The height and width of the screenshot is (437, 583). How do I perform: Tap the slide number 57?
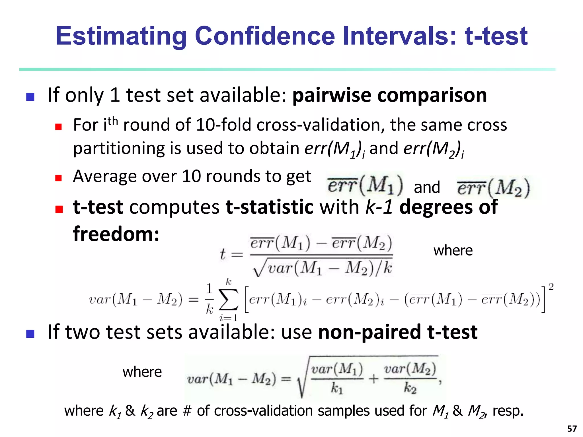(x=572, y=428)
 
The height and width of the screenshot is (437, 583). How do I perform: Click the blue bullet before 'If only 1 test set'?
(x=30, y=97)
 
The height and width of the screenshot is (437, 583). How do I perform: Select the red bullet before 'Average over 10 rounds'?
(x=59, y=178)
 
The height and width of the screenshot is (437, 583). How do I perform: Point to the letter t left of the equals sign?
(x=223, y=254)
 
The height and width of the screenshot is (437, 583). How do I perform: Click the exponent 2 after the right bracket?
(x=551, y=287)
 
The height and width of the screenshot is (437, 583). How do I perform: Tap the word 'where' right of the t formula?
(x=453, y=251)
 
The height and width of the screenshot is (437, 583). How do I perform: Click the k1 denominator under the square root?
(x=337, y=388)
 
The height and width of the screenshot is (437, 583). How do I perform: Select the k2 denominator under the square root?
(x=410, y=388)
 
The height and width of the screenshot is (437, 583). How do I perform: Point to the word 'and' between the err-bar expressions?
(x=427, y=187)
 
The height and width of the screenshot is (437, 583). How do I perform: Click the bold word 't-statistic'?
(x=269, y=207)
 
